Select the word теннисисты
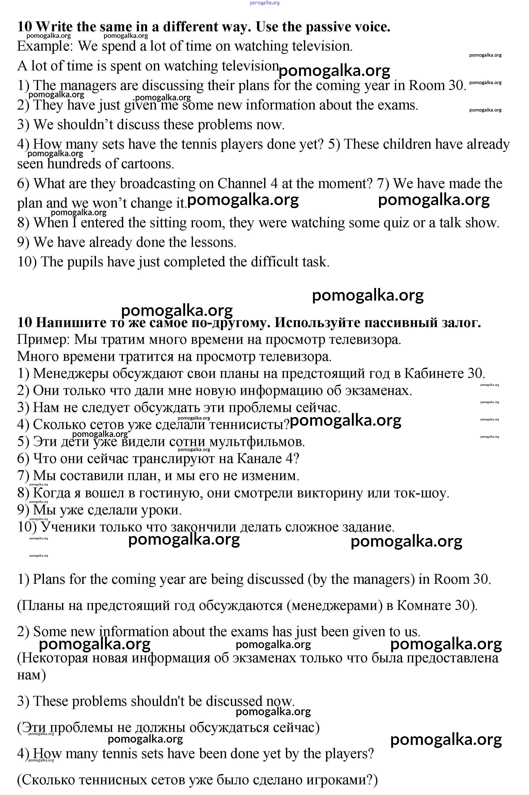click(249, 425)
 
